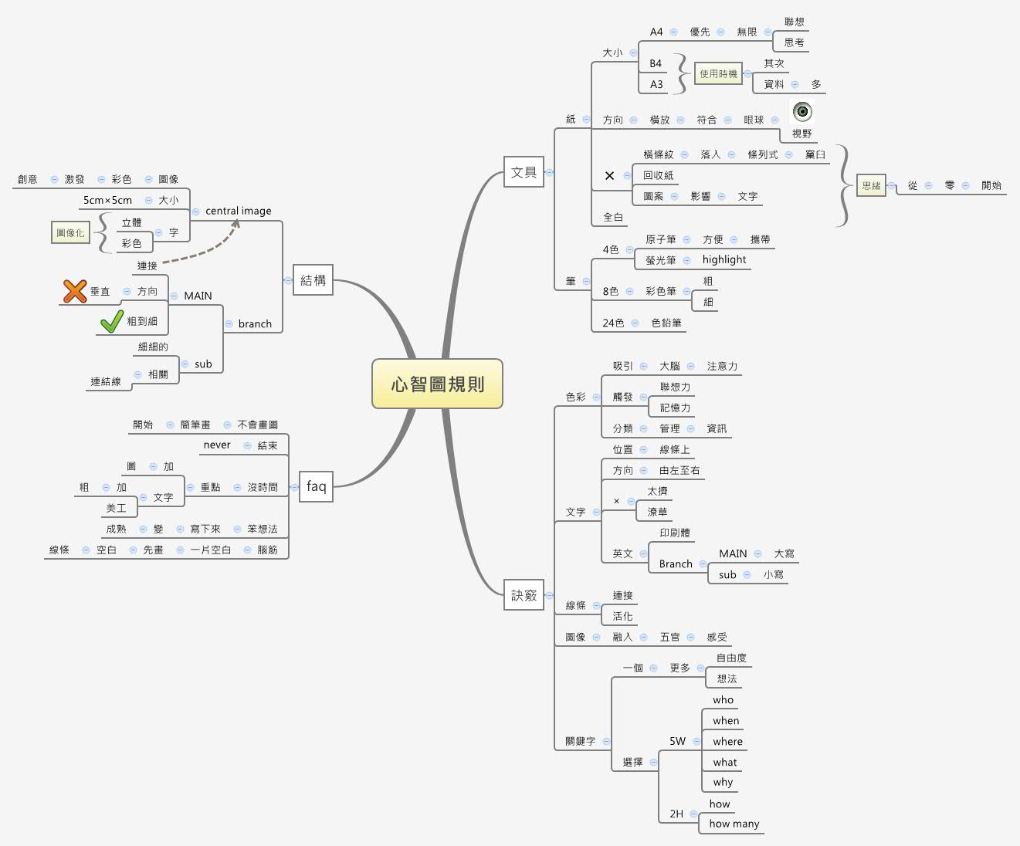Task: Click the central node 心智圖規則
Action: pos(437,384)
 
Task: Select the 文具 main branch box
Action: pos(524,172)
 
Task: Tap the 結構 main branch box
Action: pos(313,280)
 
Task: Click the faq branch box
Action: pos(316,486)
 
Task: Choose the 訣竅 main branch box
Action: pos(524,595)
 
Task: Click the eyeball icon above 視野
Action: pos(803,112)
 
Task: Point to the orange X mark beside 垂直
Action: pos(75,291)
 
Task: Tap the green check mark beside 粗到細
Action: pos(112,321)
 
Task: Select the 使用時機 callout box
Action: pos(718,74)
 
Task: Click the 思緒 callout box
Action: pos(871,185)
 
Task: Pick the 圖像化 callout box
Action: pos(70,232)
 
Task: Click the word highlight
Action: pos(724,259)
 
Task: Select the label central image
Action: pos(238,211)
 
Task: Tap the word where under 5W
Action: pos(727,741)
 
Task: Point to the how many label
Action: pos(734,824)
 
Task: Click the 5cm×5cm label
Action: pos(107,200)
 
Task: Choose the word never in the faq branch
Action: pos(217,445)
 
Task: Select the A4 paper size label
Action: pos(656,32)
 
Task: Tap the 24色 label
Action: pos(613,323)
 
